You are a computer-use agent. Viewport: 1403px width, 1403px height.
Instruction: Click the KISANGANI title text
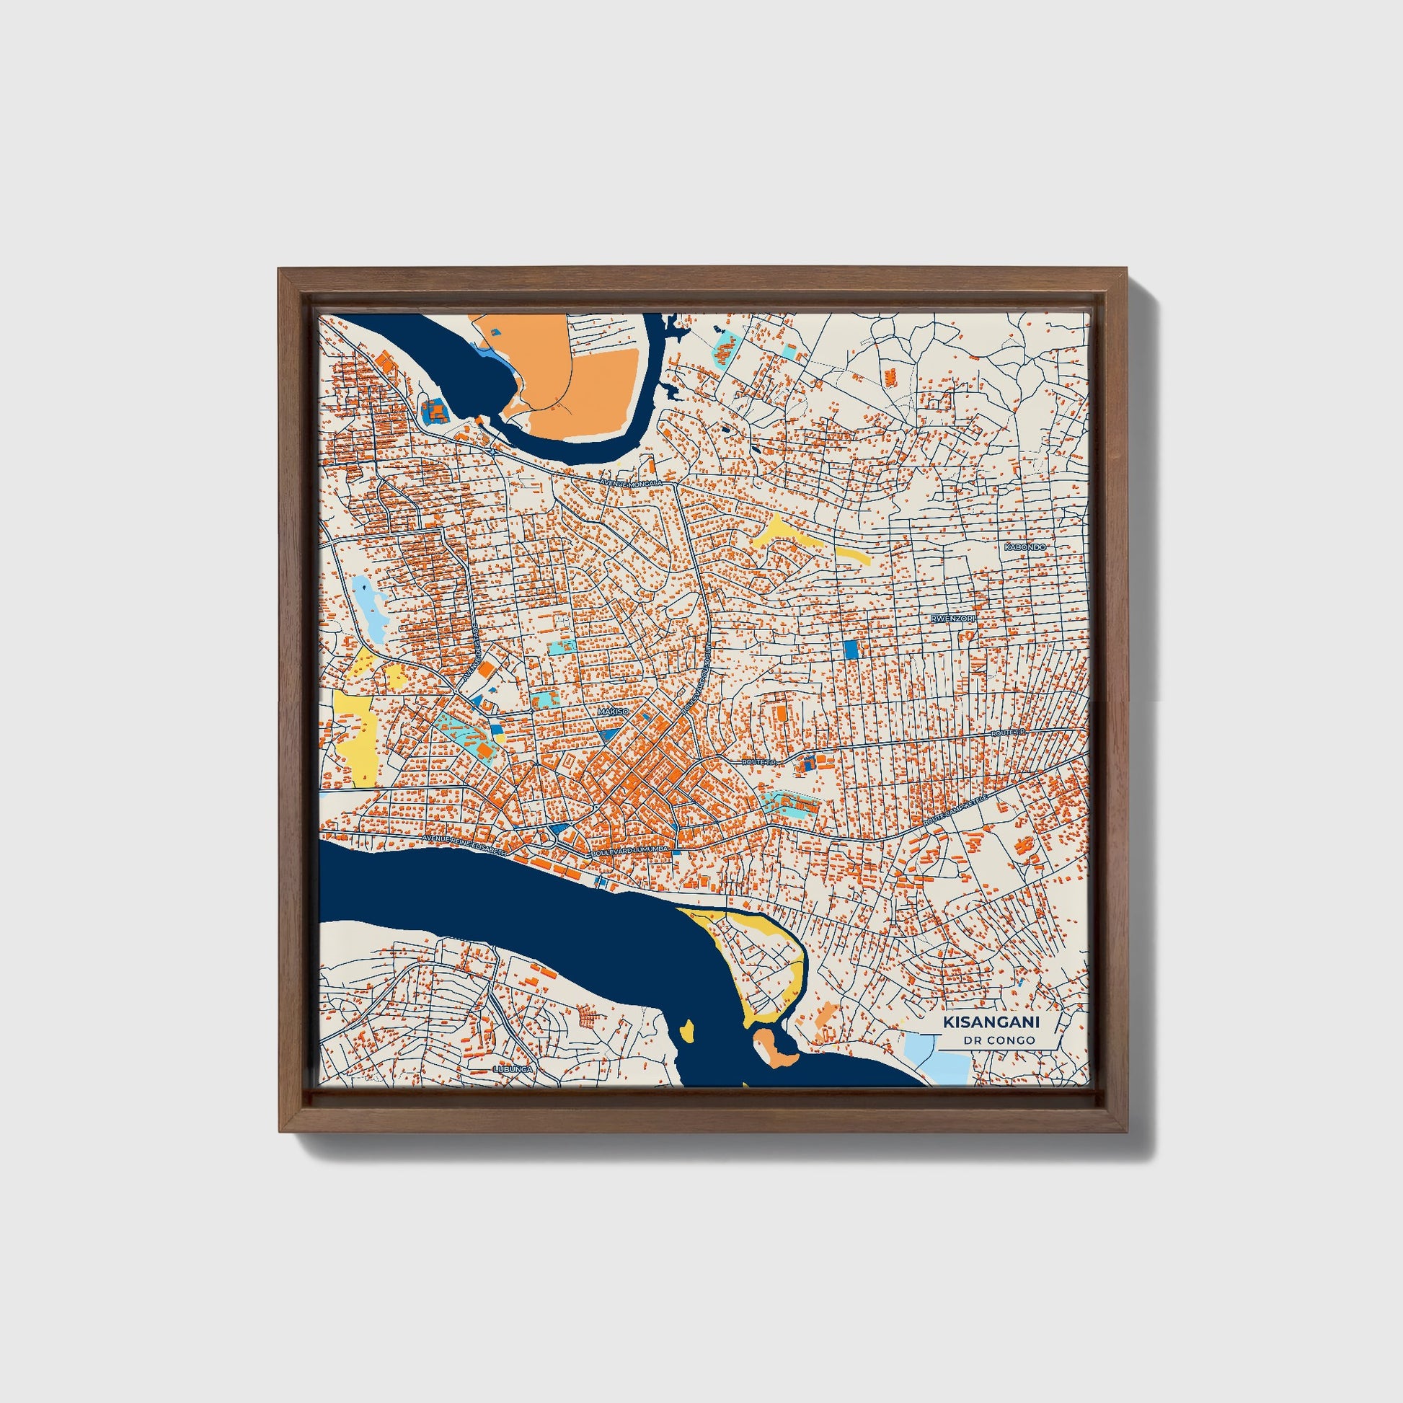click(x=991, y=1022)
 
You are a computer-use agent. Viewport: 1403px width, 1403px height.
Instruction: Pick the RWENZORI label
click(x=954, y=618)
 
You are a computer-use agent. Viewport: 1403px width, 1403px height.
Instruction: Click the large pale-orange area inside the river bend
click(x=574, y=378)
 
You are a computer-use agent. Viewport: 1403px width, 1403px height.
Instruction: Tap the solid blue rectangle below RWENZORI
click(x=851, y=648)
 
